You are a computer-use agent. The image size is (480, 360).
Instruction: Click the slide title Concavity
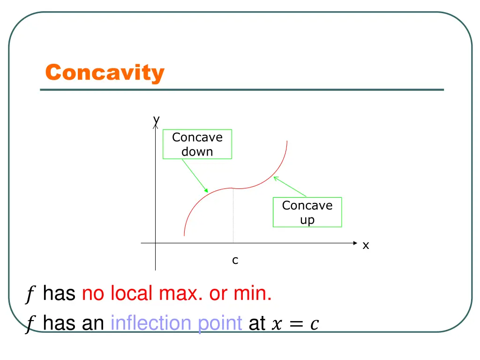pyautogui.click(x=105, y=73)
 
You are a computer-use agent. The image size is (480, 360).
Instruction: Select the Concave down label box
pyautogui.click(x=197, y=144)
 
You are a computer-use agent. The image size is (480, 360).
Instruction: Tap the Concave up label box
pyautogui.click(x=307, y=212)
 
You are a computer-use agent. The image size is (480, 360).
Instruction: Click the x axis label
pyautogui.click(x=366, y=245)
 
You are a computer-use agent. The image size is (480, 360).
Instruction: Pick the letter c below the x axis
pyautogui.click(x=235, y=260)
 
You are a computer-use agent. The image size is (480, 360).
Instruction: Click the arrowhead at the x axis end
pyautogui.click(x=355, y=243)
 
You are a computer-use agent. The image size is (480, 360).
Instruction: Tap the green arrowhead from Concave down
pyautogui.click(x=206, y=191)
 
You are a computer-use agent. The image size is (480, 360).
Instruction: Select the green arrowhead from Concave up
pyautogui.click(x=276, y=178)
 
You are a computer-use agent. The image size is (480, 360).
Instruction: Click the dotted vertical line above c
pyautogui.click(x=233, y=216)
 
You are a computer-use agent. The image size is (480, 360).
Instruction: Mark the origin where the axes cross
pyautogui.click(x=156, y=243)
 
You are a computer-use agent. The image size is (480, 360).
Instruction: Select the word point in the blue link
pyautogui.click(x=219, y=323)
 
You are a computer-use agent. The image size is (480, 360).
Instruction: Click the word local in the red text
pyautogui.click(x=132, y=294)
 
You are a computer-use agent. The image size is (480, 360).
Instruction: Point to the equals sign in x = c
pyautogui.click(x=296, y=323)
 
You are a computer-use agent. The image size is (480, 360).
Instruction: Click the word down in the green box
pyautogui.click(x=197, y=152)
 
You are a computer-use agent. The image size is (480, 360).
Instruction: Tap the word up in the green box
pyautogui.click(x=307, y=220)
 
